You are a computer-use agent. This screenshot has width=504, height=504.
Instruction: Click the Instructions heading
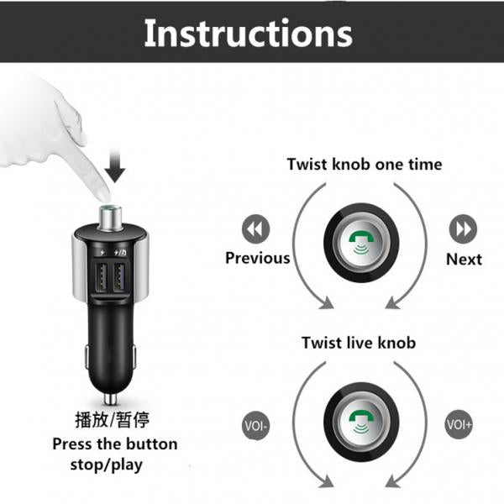click(248, 34)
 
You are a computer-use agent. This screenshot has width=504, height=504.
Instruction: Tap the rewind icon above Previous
click(255, 228)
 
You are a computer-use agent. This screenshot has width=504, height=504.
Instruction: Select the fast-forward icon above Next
click(463, 228)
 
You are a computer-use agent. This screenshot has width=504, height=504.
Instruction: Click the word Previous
click(258, 258)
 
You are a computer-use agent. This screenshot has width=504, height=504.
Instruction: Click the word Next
click(464, 259)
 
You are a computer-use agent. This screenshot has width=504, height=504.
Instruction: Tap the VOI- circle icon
click(255, 426)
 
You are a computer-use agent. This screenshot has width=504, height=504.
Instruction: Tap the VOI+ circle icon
click(459, 424)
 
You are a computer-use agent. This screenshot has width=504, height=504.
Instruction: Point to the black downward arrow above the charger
click(115, 165)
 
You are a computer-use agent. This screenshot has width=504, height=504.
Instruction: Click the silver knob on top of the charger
click(110, 218)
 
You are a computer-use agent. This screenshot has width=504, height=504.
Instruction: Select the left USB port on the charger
click(101, 277)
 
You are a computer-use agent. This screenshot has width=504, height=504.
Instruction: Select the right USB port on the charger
click(119, 277)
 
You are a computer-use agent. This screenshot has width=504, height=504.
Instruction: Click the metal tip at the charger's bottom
click(110, 398)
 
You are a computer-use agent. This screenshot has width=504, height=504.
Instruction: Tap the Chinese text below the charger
click(113, 419)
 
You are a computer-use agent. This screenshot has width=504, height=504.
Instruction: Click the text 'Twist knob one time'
click(365, 165)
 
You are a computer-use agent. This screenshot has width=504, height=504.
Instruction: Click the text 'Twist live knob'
click(359, 343)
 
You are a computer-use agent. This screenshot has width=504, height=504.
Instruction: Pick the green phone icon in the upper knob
click(361, 242)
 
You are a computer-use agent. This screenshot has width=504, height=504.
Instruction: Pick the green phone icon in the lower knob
click(361, 421)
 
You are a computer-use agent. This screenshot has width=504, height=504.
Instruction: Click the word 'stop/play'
click(107, 465)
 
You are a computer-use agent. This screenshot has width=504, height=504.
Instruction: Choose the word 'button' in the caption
click(151, 444)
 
